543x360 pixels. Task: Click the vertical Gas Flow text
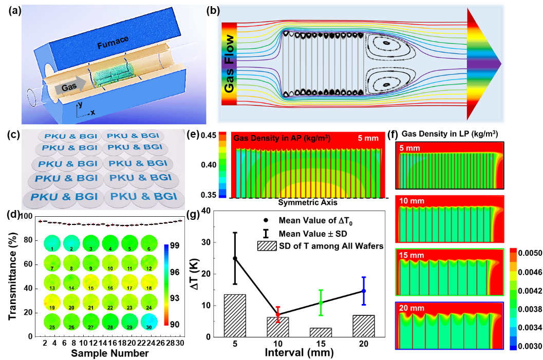(x=229, y=64)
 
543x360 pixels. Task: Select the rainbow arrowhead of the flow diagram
(x=483, y=64)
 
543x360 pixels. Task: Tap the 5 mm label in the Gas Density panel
(x=368, y=138)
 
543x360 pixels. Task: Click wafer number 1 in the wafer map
(x=52, y=243)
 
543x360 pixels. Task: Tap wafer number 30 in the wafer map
(x=148, y=322)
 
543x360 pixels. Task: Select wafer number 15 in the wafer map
(x=91, y=282)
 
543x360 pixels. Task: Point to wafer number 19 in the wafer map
(x=52, y=302)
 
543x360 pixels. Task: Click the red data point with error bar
(x=278, y=314)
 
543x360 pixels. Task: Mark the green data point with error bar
(x=321, y=302)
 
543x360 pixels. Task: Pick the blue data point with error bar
(x=364, y=291)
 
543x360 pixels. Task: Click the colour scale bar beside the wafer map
(x=166, y=285)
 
